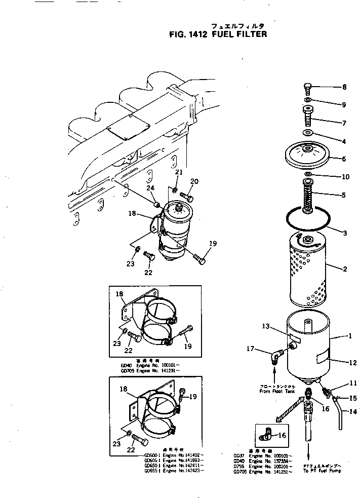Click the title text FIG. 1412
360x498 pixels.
tap(188, 35)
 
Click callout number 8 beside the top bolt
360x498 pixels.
tap(344, 87)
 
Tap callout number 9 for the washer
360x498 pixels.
tap(344, 105)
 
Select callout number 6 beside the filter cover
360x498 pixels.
tap(344, 159)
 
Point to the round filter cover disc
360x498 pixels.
tap(308, 154)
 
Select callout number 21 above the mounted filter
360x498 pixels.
tap(178, 173)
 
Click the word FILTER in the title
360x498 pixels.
tap(249, 35)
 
